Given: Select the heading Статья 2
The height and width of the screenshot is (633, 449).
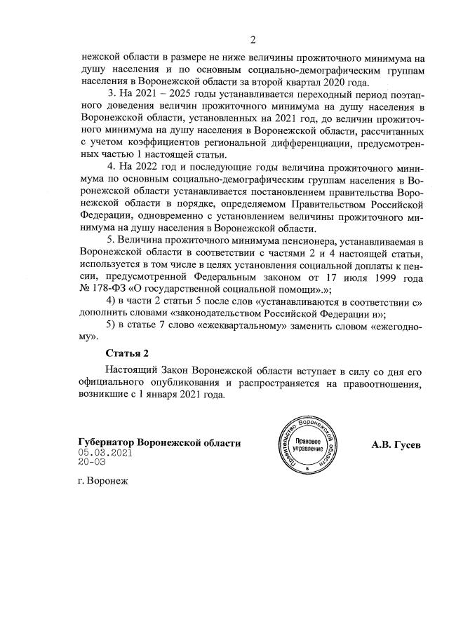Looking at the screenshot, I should point(127,352).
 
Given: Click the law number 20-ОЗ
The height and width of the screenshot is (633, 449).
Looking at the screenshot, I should point(92,463).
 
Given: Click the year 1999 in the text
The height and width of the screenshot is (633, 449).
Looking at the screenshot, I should point(381,277).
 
